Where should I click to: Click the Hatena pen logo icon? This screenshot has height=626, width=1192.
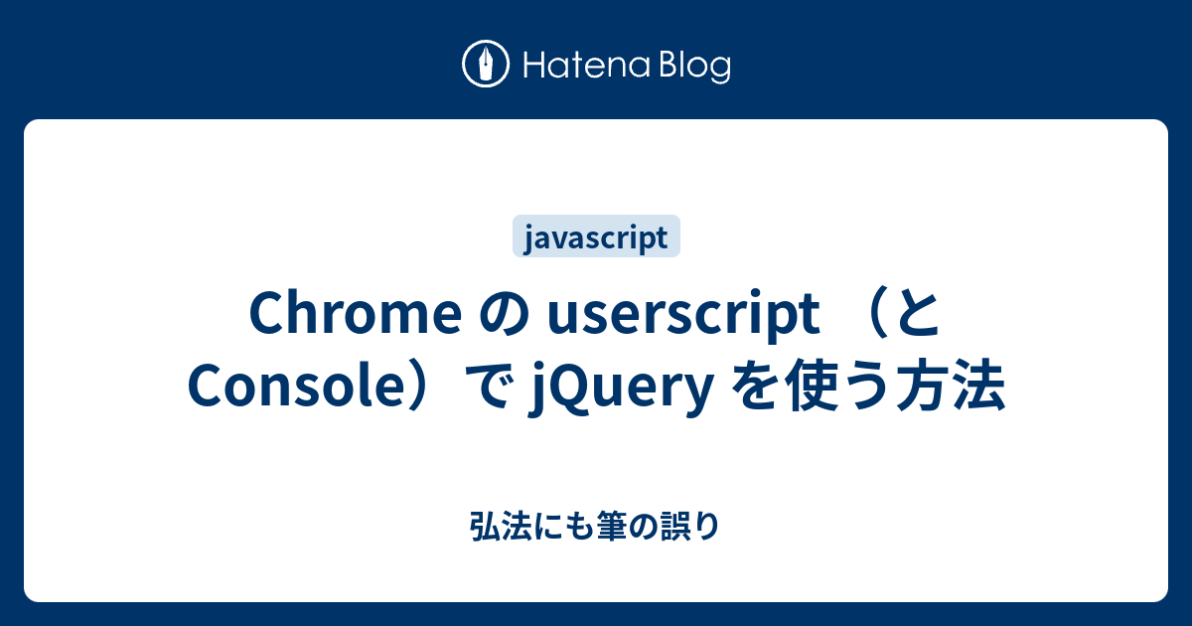486,66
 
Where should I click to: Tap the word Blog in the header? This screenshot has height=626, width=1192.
692,67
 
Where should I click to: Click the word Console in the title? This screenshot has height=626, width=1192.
284,388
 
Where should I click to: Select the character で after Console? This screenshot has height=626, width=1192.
487,388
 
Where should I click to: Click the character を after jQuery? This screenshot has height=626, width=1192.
753,388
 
